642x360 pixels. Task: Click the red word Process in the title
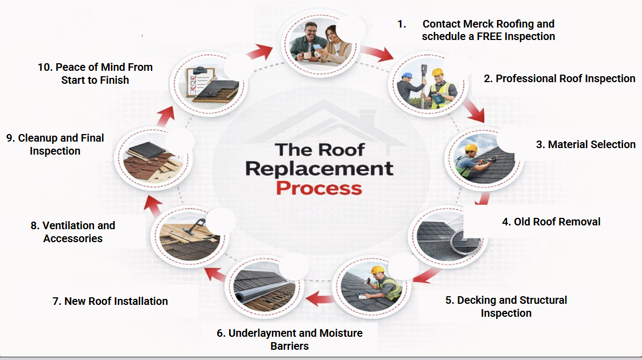point(319,188)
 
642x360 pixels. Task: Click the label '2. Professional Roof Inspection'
point(559,78)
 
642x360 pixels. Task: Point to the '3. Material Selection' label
point(585,144)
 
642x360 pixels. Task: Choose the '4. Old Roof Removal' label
point(551,222)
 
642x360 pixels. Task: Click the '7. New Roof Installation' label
point(110,301)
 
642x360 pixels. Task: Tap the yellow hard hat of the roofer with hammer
point(377,269)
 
